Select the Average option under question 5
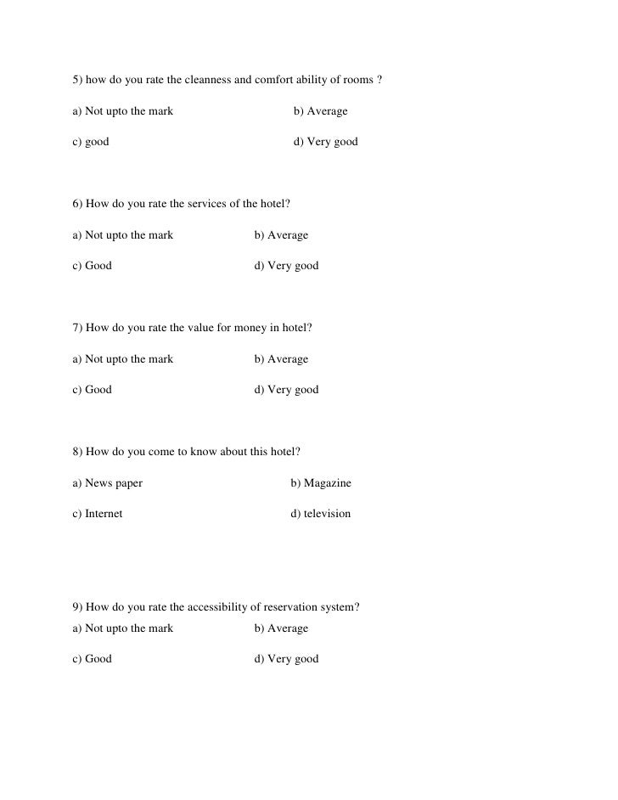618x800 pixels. [320, 111]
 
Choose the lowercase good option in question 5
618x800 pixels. [91, 142]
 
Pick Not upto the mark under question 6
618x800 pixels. [123, 235]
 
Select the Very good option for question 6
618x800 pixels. [286, 266]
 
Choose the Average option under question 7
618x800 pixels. [281, 358]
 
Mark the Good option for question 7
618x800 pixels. [92, 390]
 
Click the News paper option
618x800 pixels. [108, 483]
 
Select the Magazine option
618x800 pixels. [320, 483]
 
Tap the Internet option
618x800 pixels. [98, 514]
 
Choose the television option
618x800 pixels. [320, 514]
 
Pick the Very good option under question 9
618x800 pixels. [286, 659]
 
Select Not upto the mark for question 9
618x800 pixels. [123, 628]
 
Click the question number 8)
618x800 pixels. [78, 452]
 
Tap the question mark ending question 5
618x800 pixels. [379, 81]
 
